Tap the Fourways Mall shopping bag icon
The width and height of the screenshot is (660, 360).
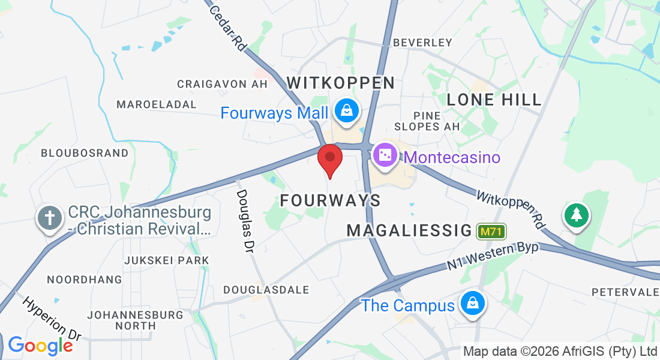pyautogui.click(x=347, y=111)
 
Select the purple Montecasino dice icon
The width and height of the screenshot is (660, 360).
pyautogui.click(x=385, y=156)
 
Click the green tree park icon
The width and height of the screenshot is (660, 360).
pyautogui.click(x=576, y=214)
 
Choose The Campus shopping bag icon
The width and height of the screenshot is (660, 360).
pyautogui.click(x=473, y=304)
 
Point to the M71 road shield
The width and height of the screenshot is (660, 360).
pyautogui.click(x=491, y=231)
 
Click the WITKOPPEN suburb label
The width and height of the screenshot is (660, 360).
pyautogui.click(x=341, y=83)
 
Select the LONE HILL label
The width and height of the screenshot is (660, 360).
pyautogui.click(x=494, y=100)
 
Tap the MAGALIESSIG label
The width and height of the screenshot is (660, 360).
pyautogui.click(x=409, y=230)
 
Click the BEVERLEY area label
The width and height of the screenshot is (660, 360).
pyautogui.click(x=422, y=43)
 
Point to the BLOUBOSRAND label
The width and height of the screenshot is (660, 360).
pyautogui.click(x=85, y=153)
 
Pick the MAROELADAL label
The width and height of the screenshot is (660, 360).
pyautogui.click(x=157, y=104)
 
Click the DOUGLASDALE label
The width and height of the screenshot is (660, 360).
pyautogui.click(x=266, y=290)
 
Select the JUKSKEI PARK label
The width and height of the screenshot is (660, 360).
pyautogui.click(x=166, y=260)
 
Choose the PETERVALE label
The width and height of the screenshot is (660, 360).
pyautogui.click(x=625, y=292)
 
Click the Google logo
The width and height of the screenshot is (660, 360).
pyautogui.click(x=40, y=345)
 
